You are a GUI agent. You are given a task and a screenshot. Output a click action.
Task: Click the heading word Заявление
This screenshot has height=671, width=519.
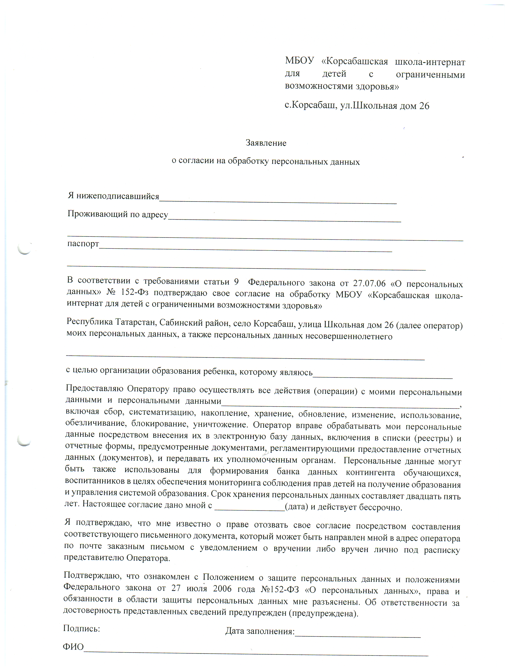coord(266,143)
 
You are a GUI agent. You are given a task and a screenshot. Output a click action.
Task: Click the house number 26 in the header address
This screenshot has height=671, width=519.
coord(424,106)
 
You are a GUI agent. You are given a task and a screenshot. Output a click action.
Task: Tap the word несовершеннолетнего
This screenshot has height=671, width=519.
coord(349,336)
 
